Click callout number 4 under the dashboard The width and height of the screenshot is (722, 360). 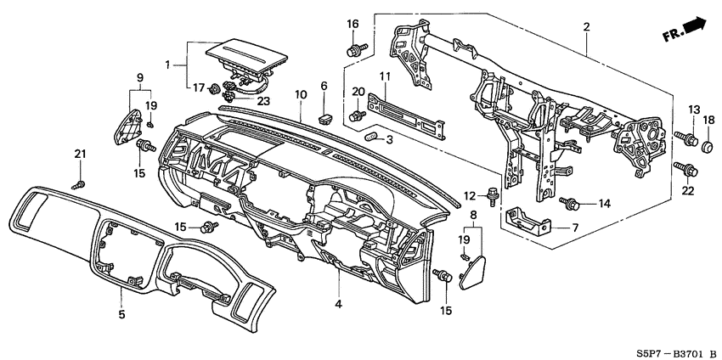click(x=339, y=304)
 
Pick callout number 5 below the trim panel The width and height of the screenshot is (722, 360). click(x=121, y=315)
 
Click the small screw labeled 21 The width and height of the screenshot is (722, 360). click(x=79, y=183)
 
